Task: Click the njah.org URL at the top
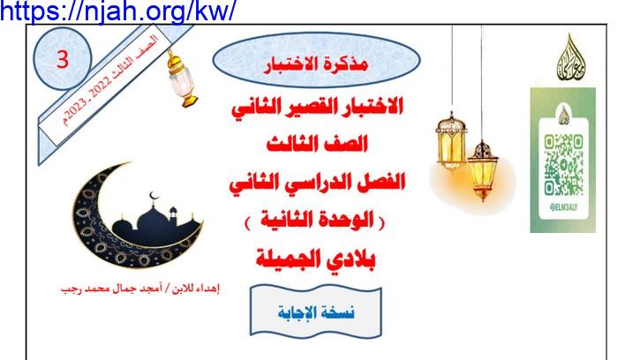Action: click(117, 11)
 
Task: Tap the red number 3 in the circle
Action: click(63, 59)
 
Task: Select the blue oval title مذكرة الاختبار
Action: click(316, 60)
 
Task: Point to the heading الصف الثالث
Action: click(317, 144)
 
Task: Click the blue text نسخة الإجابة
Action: click(316, 312)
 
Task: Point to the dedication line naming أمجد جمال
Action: click(140, 289)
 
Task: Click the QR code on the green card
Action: click(563, 166)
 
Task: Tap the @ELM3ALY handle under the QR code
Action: click(563, 207)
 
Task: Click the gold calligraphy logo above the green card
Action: click(571, 57)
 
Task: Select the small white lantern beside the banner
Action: click(182, 79)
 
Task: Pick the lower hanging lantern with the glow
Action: click(482, 169)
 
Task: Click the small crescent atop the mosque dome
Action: click(154, 196)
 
